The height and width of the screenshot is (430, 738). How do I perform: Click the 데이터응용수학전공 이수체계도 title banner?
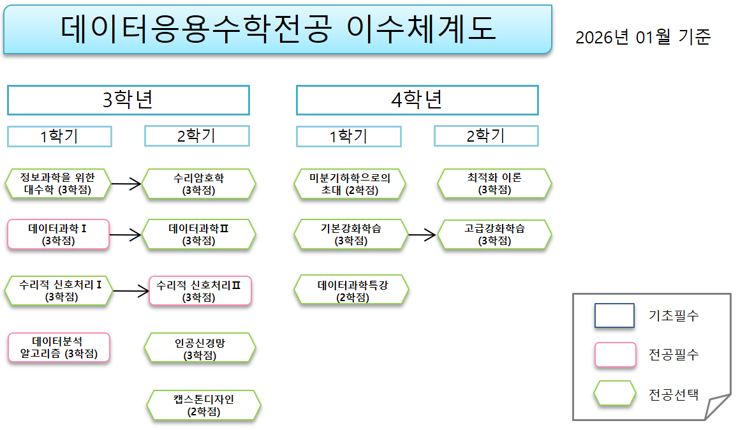pos(277,30)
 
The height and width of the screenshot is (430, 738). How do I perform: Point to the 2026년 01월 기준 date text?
pos(642,37)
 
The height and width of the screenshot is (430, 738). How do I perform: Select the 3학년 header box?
pos(128,100)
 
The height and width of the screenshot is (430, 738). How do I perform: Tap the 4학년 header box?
pos(417,100)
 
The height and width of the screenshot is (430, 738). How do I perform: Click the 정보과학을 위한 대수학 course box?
pos(58,184)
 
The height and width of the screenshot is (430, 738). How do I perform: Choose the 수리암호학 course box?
pos(198,184)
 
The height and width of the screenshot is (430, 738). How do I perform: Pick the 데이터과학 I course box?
pos(58,234)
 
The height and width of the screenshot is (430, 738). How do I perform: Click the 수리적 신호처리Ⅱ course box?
pos(200,291)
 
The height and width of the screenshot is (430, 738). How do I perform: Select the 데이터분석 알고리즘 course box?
pos(58,348)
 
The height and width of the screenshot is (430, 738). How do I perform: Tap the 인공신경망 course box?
pos(200,348)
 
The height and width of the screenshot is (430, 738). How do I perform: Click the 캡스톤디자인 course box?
pos(203,405)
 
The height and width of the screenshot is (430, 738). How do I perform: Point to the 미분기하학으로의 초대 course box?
pos(350,184)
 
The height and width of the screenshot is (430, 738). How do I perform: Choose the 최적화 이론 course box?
pos(494,184)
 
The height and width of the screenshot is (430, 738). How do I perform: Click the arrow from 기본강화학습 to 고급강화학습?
pos(422,235)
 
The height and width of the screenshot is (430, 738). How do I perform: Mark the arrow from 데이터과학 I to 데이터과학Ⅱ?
pos(126,235)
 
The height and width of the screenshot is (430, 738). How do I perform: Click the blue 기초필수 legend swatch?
pos(614,315)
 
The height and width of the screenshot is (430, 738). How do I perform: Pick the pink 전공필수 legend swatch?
pos(615,355)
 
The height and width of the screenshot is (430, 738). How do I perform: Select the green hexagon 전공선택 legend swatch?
pos(615,394)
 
